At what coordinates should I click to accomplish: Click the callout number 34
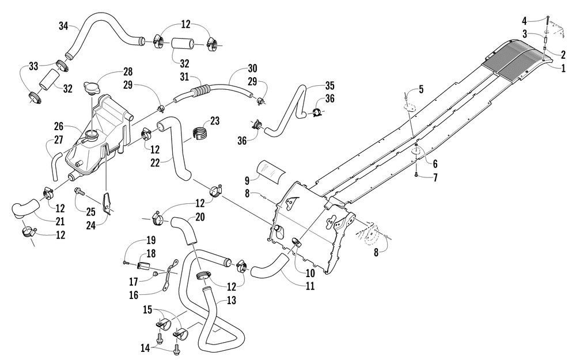click(63, 26)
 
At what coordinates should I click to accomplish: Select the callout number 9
click(247, 180)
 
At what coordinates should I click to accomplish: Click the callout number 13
click(232, 301)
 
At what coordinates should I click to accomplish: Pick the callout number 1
click(563, 69)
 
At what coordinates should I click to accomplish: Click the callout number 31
click(184, 77)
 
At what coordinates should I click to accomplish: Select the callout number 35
click(330, 86)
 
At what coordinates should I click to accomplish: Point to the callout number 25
click(91, 211)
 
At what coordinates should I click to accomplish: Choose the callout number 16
click(134, 295)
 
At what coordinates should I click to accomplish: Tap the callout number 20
click(200, 217)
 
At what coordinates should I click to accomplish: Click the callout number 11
click(310, 286)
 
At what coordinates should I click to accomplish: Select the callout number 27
click(58, 140)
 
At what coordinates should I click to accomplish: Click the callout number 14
click(146, 347)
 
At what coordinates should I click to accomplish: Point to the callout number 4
click(525, 21)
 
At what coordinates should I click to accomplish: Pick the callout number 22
click(156, 162)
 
